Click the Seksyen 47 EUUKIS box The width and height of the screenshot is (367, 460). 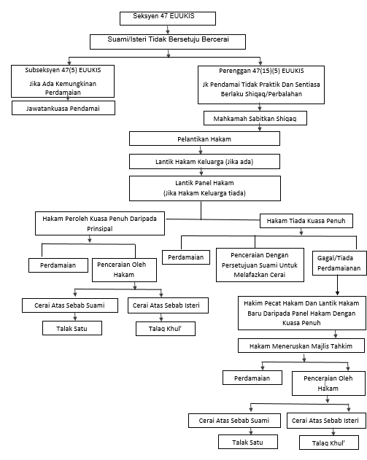(168, 18)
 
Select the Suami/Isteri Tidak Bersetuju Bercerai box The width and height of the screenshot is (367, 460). (168, 42)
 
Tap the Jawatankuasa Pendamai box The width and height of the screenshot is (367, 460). (63, 108)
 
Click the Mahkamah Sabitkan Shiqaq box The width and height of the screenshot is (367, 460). (255, 118)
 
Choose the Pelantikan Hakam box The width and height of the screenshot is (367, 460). (204, 139)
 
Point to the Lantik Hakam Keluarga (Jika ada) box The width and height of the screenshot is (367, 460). (204, 161)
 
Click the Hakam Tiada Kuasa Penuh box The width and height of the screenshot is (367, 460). (306, 221)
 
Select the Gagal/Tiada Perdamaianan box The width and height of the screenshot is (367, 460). (339, 263)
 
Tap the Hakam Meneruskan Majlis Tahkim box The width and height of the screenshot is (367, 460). (301, 346)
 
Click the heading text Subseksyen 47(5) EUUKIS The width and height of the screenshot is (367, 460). (63, 70)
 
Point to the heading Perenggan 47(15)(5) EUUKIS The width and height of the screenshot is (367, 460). (261, 71)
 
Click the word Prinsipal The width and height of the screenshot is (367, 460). (99, 228)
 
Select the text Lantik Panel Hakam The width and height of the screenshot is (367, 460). (204, 183)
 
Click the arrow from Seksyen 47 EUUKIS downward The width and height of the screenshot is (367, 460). (168, 30)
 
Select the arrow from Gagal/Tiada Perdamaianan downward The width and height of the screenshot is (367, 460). (337, 285)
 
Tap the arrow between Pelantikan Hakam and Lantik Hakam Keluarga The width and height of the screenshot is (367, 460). (201, 150)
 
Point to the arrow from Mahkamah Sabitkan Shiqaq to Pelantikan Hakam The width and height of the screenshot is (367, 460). (260, 128)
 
